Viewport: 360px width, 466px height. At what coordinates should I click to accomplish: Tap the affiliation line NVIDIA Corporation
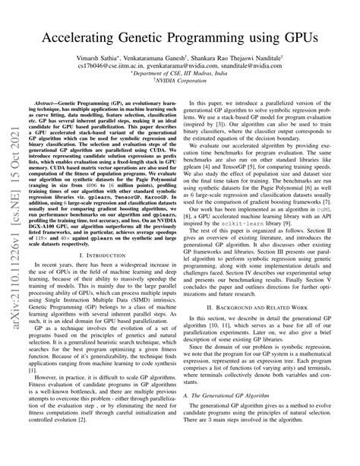(x=183, y=84)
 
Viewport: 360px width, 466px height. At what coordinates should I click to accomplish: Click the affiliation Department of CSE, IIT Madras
(x=183, y=75)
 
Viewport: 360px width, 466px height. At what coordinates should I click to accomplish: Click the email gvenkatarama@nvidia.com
(x=187, y=66)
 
